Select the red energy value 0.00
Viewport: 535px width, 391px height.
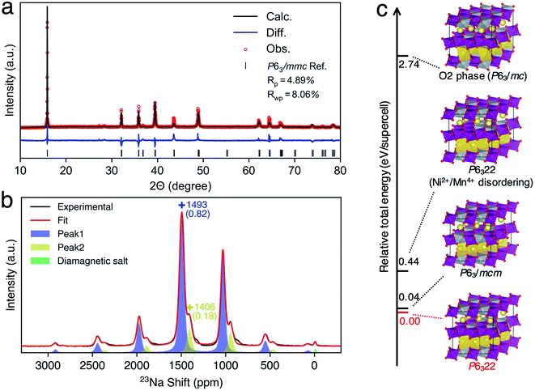point(410,321)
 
